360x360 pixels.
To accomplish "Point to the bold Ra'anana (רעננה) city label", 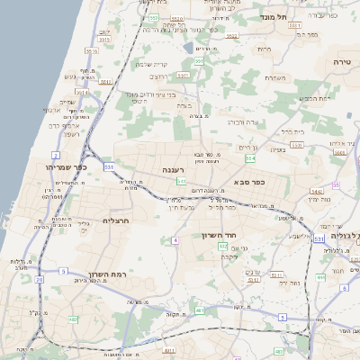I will tap(174, 168).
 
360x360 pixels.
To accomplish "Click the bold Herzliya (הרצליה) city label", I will tap(118, 220).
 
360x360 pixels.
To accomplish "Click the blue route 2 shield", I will tap(56, 155).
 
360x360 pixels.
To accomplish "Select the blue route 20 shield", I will tap(40, 280).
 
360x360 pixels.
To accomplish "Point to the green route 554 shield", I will tap(250, 158).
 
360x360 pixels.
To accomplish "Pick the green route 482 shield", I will tap(73, 319).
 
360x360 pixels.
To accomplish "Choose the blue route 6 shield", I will tap(345, 288).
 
